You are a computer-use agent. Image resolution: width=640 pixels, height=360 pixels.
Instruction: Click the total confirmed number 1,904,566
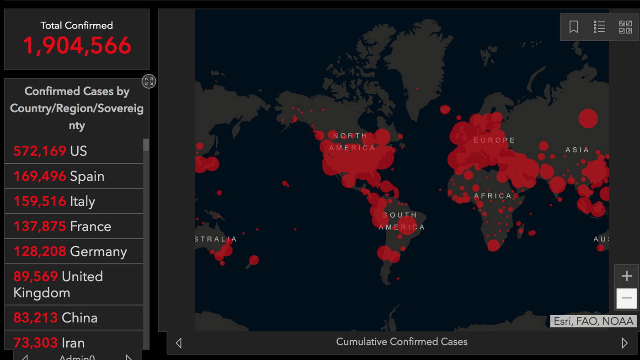[x=77, y=46]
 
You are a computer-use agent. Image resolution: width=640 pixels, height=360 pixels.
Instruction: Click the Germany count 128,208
[x=40, y=252]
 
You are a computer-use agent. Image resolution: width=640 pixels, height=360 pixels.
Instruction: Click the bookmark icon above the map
[x=573, y=27]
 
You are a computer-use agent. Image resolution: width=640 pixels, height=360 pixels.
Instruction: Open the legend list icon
[x=599, y=27]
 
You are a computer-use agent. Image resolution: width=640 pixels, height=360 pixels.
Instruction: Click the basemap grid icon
[x=625, y=27]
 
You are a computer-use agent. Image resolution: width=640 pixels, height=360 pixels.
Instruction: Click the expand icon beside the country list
[x=149, y=81]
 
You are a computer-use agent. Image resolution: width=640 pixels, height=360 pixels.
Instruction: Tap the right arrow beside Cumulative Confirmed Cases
[x=624, y=343]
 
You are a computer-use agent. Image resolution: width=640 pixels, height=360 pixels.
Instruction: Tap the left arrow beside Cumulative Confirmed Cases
[x=179, y=343]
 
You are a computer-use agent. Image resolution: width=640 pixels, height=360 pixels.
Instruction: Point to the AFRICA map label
[x=492, y=196]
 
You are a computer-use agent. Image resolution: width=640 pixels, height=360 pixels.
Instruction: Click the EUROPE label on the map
[x=494, y=140]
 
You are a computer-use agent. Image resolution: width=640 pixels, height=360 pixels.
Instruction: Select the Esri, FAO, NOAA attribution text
[x=593, y=321]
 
